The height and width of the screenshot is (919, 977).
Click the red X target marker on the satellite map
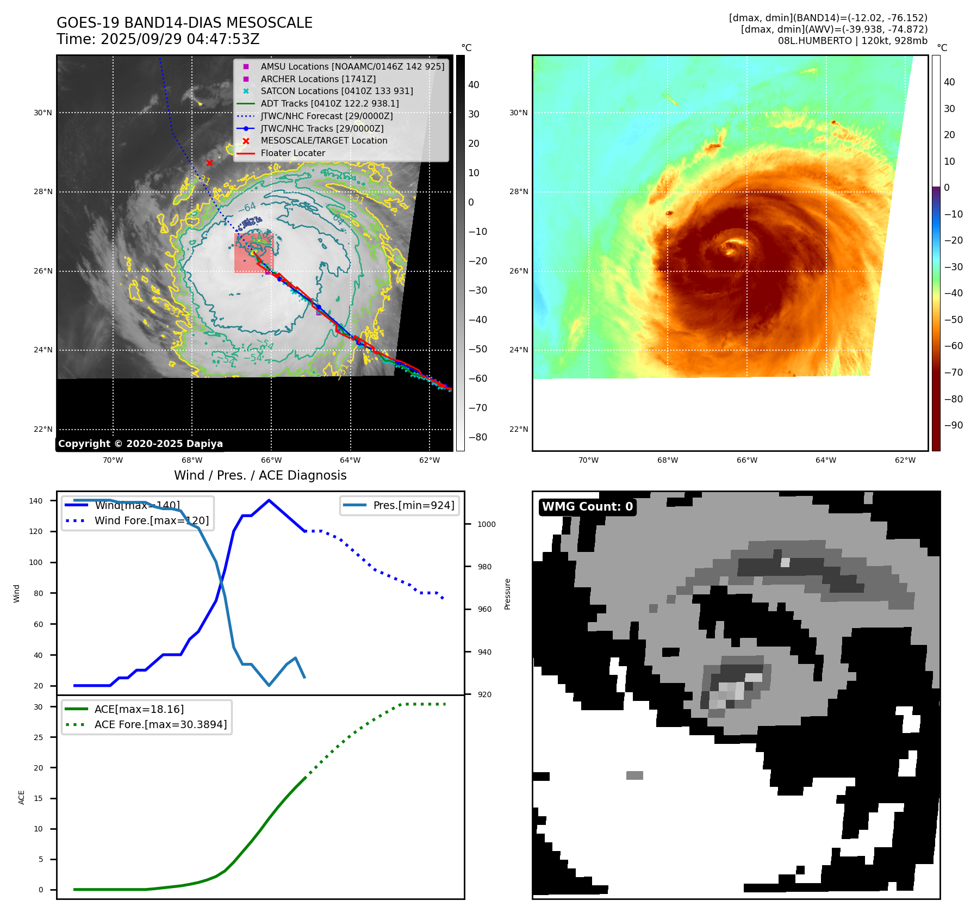[209, 163]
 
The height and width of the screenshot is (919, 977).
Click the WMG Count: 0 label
[587, 507]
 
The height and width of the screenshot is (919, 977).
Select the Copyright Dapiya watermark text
[140, 444]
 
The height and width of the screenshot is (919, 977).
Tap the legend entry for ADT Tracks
[329, 103]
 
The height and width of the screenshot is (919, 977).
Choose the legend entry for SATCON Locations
[337, 91]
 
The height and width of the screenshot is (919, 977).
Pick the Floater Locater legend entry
[293, 153]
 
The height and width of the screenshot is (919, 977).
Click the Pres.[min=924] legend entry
[413, 505]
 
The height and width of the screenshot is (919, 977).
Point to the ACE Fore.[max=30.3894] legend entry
[160, 724]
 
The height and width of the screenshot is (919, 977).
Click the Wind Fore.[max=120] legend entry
[151, 520]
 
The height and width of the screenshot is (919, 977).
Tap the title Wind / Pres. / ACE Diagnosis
[260, 475]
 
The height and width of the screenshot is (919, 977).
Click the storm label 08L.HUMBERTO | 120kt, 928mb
[852, 41]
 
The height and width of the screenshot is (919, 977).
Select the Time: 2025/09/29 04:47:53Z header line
[158, 40]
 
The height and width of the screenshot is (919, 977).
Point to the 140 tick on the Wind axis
[36, 501]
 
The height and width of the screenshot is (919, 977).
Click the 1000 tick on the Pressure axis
[486, 525]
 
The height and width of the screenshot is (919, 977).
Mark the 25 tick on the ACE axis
[38, 737]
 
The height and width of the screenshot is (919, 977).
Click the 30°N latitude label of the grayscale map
[43, 113]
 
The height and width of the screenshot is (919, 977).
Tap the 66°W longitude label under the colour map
[746, 460]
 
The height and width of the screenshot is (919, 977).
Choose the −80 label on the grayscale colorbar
[477, 437]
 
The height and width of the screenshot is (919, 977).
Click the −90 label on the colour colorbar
[953, 425]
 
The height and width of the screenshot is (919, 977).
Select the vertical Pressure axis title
[507, 594]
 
